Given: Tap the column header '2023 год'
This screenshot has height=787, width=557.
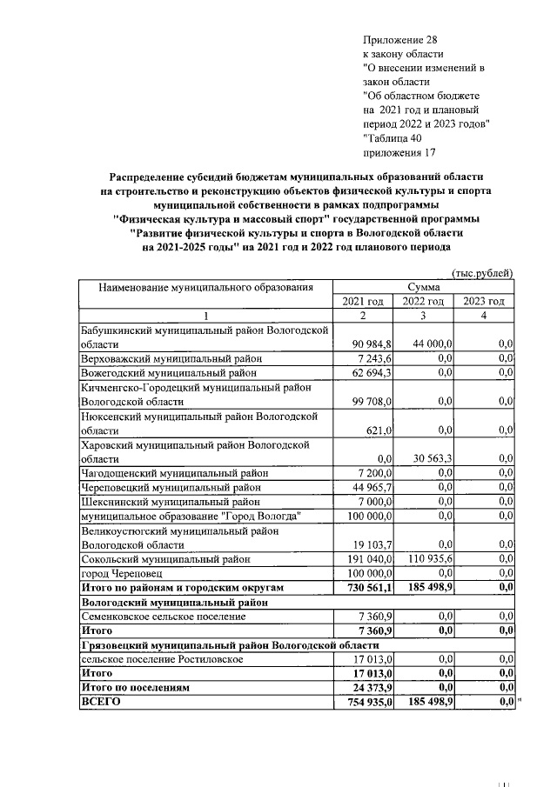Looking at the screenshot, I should coord(483,301).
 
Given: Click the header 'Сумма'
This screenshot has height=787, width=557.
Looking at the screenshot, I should coord(423,286).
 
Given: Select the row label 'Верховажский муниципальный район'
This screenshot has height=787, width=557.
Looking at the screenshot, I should coord(171,358).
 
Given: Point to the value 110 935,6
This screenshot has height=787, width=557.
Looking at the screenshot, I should coord(428,560).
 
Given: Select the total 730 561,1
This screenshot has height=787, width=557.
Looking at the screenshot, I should coord(371,588).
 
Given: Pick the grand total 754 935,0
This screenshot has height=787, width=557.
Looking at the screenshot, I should coord(371,701).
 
